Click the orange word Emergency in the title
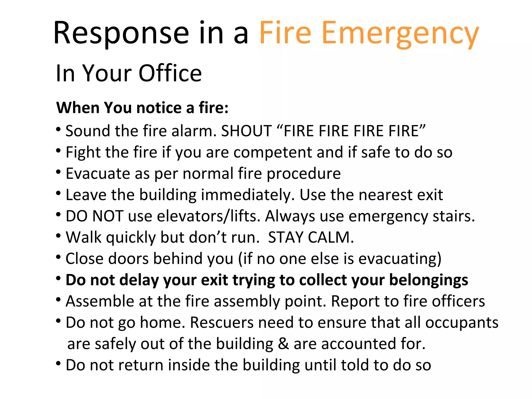point(400,34)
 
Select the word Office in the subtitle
point(170,73)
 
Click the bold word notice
point(159,108)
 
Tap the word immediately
point(248,195)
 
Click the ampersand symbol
point(283,344)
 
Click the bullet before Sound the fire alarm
point(58,129)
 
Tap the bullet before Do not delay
point(58,278)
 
